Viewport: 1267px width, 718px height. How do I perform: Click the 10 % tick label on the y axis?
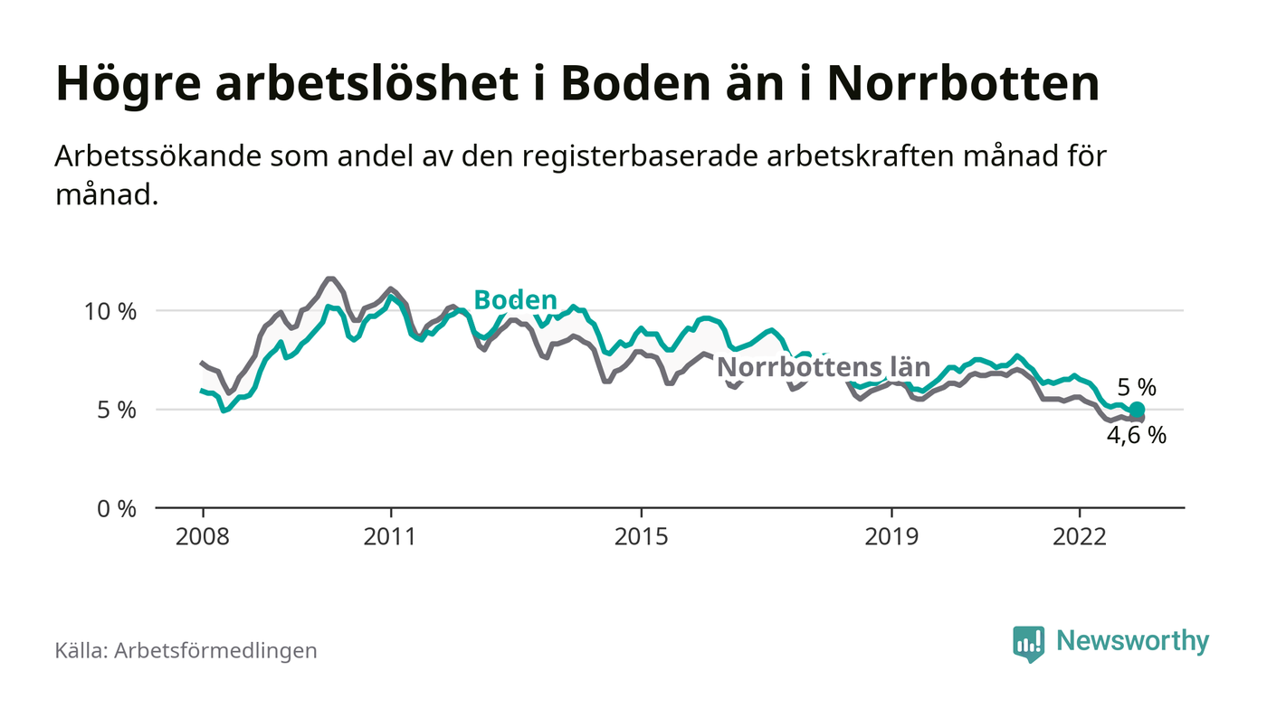pos(111,311)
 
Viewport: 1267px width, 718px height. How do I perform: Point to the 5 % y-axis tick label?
pos(116,410)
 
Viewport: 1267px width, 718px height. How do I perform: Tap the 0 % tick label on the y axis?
pos(116,508)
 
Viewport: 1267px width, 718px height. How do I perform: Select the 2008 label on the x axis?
pos(203,536)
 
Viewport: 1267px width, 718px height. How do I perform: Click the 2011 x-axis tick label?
pos(391,536)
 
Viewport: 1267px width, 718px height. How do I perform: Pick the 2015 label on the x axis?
pos(642,536)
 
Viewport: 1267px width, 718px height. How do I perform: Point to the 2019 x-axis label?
pos(891,536)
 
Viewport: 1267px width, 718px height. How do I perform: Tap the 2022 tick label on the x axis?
pos(1080,536)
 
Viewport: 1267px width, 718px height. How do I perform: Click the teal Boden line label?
pos(515,299)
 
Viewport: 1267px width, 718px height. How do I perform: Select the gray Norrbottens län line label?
pos(824,367)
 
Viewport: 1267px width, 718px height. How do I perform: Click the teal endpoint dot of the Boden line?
pos(1138,410)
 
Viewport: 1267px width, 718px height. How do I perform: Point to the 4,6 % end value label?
pos(1137,435)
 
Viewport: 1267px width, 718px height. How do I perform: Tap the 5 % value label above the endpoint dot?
pos(1137,387)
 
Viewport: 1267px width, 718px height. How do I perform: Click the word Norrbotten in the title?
pos(963,84)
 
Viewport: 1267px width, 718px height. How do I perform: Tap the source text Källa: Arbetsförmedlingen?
pos(186,650)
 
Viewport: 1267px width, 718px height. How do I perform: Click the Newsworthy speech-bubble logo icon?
pos(1028,643)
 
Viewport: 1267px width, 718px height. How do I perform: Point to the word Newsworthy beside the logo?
pos(1132,641)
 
